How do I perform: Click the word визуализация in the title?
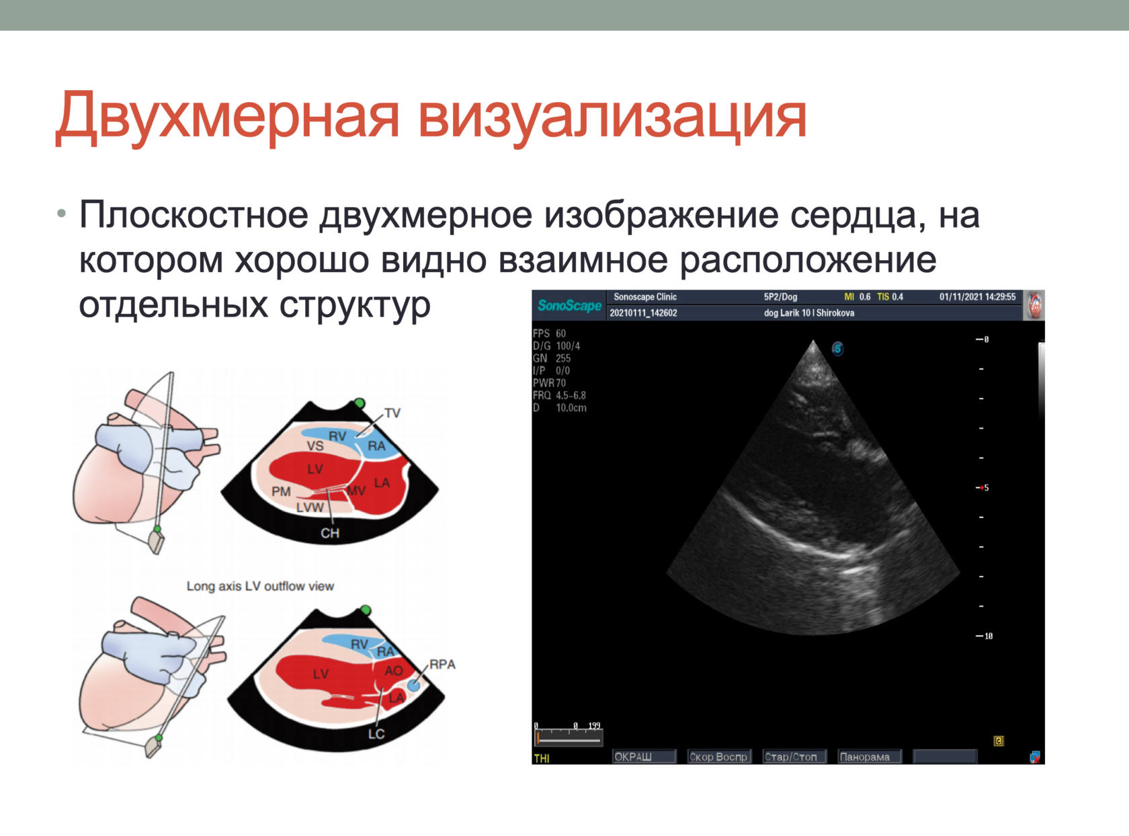(x=612, y=116)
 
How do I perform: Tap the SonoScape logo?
(x=569, y=306)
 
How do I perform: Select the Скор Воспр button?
(x=718, y=757)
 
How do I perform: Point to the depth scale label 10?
(x=988, y=636)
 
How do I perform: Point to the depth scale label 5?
(x=986, y=488)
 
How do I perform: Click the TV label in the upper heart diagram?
(x=392, y=413)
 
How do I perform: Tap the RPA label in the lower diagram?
(x=442, y=664)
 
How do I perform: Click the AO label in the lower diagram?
(x=393, y=671)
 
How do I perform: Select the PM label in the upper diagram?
(x=281, y=491)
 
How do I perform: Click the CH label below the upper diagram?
(x=329, y=533)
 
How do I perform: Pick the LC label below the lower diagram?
(x=376, y=734)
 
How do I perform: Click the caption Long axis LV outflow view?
(x=260, y=586)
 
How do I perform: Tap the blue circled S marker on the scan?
(x=837, y=349)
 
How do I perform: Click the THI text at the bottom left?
(x=542, y=758)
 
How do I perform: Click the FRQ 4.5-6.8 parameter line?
(x=559, y=395)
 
